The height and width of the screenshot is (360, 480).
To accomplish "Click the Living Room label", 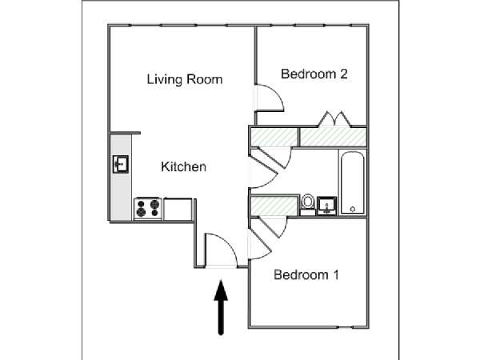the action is (185, 79).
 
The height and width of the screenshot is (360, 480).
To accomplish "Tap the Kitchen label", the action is (184, 167).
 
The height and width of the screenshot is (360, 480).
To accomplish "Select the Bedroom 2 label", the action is (314, 74).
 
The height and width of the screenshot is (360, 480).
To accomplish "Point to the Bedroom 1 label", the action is (306, 275).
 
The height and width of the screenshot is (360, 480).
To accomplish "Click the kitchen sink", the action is (121, 164).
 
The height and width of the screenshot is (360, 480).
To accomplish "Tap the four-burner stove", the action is (148, 209).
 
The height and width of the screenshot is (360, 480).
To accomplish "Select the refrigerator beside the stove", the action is (178, 210).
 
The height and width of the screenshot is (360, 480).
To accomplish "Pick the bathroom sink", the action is (326, 206).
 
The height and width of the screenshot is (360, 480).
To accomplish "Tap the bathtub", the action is (352, 182).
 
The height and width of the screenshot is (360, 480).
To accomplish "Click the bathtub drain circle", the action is (352, 210).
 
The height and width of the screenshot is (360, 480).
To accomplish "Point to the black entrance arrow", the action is (221, 307).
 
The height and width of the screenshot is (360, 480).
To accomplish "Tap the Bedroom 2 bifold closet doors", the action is (334, 119).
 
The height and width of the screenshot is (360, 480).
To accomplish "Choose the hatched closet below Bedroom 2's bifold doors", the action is (333, 137).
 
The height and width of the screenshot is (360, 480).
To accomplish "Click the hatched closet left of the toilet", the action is (274, 206).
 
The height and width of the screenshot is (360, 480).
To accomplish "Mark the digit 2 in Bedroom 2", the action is (344, 74).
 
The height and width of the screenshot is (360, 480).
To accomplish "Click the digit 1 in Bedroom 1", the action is (336, 275).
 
